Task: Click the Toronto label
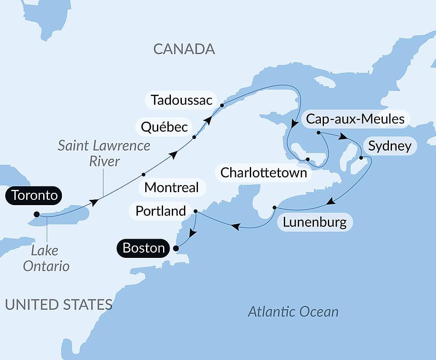click(x=34, y=195)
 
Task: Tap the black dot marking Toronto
click(x=37, y=214)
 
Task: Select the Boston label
click(x=143, y=248)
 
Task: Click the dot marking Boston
click(x=176, y=249)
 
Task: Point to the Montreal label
click(x=171, y=188)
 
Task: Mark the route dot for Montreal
click(x=143, y=175)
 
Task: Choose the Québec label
click(x=163, y=127)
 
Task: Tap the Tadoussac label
click(x=181, y=100)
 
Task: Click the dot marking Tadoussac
click(x=222, y=105)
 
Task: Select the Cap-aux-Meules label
click(x=355, y=119)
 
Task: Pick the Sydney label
click(x=390, y=146)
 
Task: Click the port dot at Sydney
click(x=361, y=158)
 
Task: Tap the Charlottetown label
click(x=264, y=173)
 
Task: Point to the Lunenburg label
click(x=315, y=222)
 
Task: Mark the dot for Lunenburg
click(x=274, y=207)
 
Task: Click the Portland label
click(x=160, y=211)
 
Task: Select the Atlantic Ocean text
click(x=293, y=312)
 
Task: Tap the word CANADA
click(x=184, y=49)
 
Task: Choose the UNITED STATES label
click(x=58, y=304)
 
